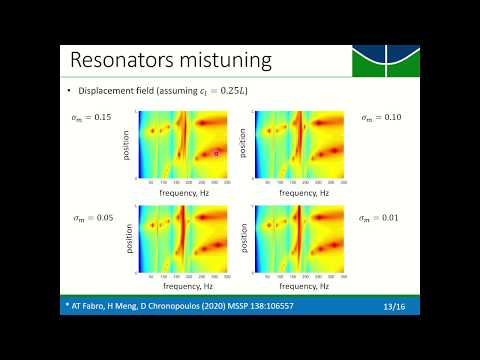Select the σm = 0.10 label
coord(379,118)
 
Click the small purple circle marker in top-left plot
coord(216,152)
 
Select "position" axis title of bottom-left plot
coord(137,238)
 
